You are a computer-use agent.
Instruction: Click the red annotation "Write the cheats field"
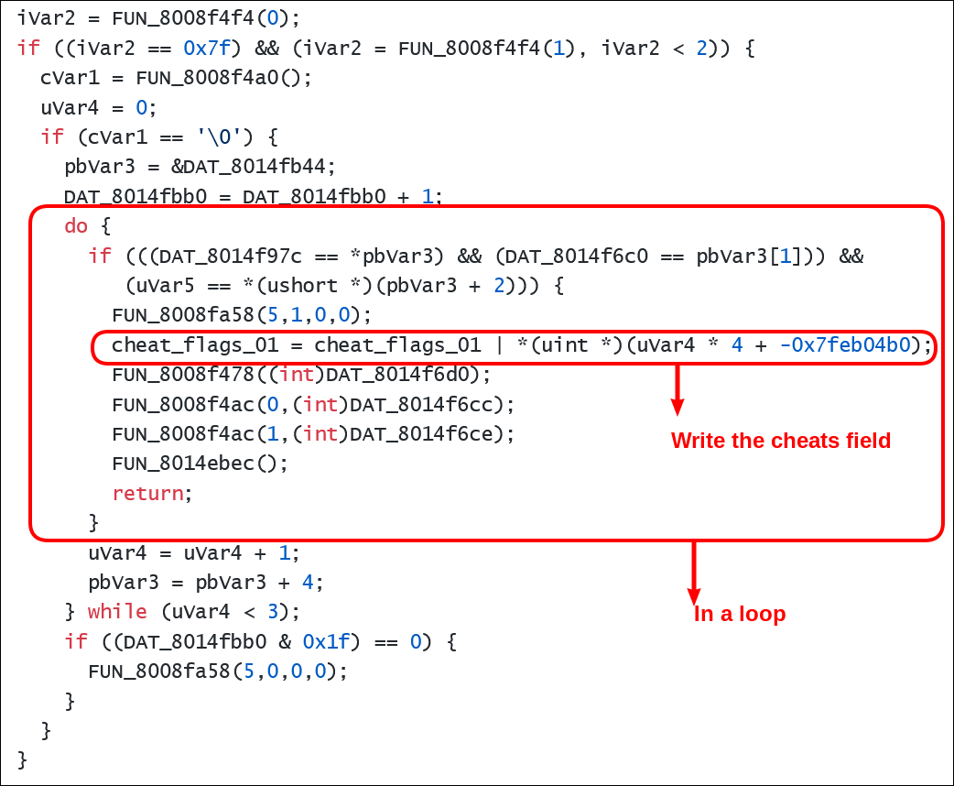pos(780,441)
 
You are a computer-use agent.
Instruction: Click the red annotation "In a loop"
pos(739,614)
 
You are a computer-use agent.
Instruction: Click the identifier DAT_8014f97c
pos(218,256)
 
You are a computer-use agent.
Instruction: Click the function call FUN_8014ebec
pos(183,463)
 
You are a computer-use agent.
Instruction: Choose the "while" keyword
pos(117,611)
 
